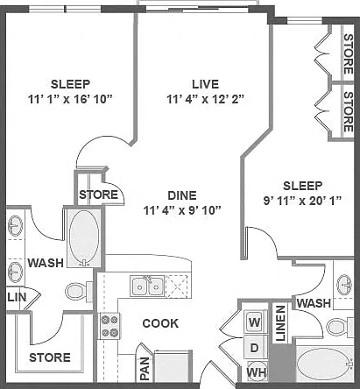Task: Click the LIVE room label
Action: [205, 84]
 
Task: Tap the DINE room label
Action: [182, 195]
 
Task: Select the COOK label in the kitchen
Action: [160, 323]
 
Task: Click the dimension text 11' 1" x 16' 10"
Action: [70, 99]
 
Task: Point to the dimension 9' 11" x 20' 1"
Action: [302, 201]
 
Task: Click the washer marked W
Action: [255, 322]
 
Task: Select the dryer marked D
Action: [255, 348]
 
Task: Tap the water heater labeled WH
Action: [257, 371]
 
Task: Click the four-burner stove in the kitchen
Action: [109, 326]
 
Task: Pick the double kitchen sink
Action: [147, 286]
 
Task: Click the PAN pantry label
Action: [145, 369]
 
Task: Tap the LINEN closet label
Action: [280, 323]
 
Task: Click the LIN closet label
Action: [17, 297]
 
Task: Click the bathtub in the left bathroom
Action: [84, 238]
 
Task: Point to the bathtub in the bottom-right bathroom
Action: [325, 364]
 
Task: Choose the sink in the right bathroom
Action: [344, 284]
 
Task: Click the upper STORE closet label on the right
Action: [349, 54]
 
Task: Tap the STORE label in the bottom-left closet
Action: [50, 357]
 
